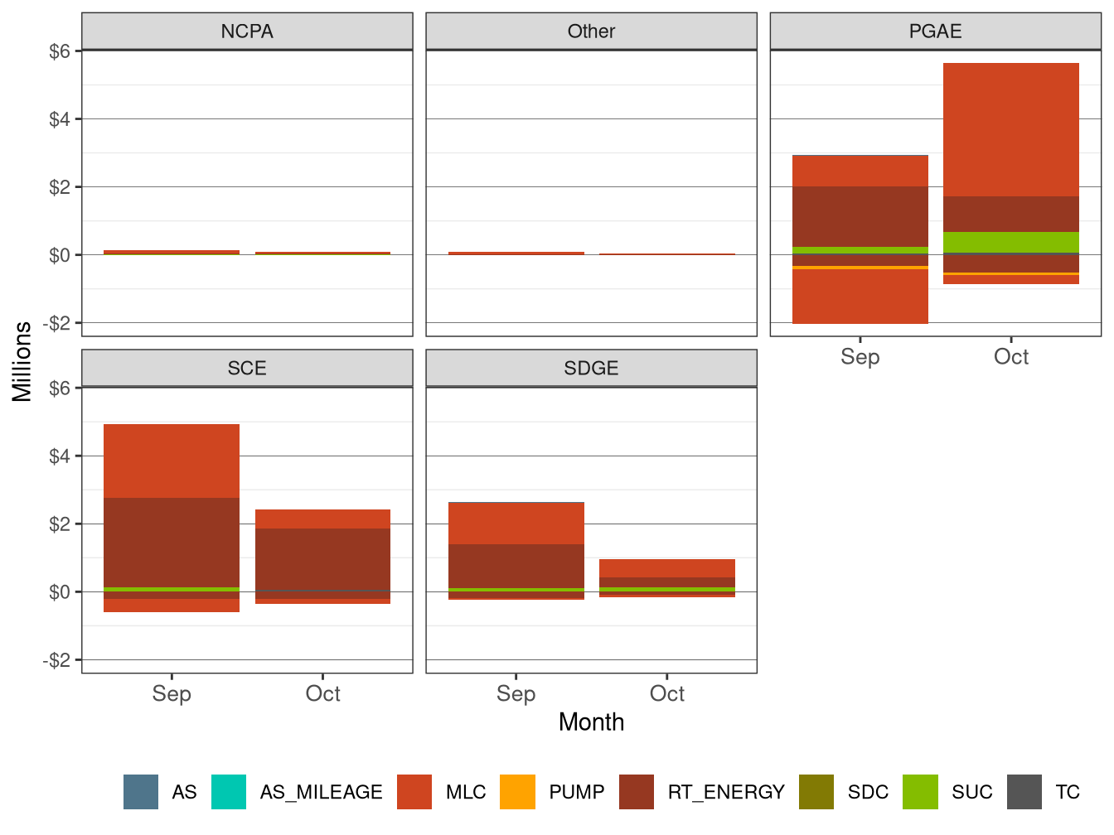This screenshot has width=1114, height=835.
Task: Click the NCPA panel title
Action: (247, 31)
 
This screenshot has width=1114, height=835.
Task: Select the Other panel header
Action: (591, 31)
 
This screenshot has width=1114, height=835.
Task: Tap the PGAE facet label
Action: (935, 31)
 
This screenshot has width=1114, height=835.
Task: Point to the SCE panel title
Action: (247, 369)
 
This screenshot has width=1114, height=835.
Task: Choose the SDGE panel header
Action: (591, 369)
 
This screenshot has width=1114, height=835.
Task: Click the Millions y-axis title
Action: (22, 361)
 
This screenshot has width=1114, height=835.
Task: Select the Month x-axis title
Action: (591, 722)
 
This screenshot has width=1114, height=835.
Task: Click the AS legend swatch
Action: (141, 792)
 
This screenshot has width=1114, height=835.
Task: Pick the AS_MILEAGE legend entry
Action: (229, 792)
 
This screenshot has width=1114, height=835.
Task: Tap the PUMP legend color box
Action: (518, 792)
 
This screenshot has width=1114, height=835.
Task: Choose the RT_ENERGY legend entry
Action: (637, 792)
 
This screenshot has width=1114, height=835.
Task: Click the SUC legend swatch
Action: (920, 792)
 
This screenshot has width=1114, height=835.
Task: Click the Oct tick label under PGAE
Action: (1011, 357)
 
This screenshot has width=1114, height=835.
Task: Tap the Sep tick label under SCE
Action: (172, 694)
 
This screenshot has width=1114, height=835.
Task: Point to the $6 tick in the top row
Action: (60, 51)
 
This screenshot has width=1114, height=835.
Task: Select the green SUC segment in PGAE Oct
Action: (1011, 242)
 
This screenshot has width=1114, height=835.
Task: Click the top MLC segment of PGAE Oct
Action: (1011, 130)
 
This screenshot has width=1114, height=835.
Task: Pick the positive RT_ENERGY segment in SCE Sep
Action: (172, 543)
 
